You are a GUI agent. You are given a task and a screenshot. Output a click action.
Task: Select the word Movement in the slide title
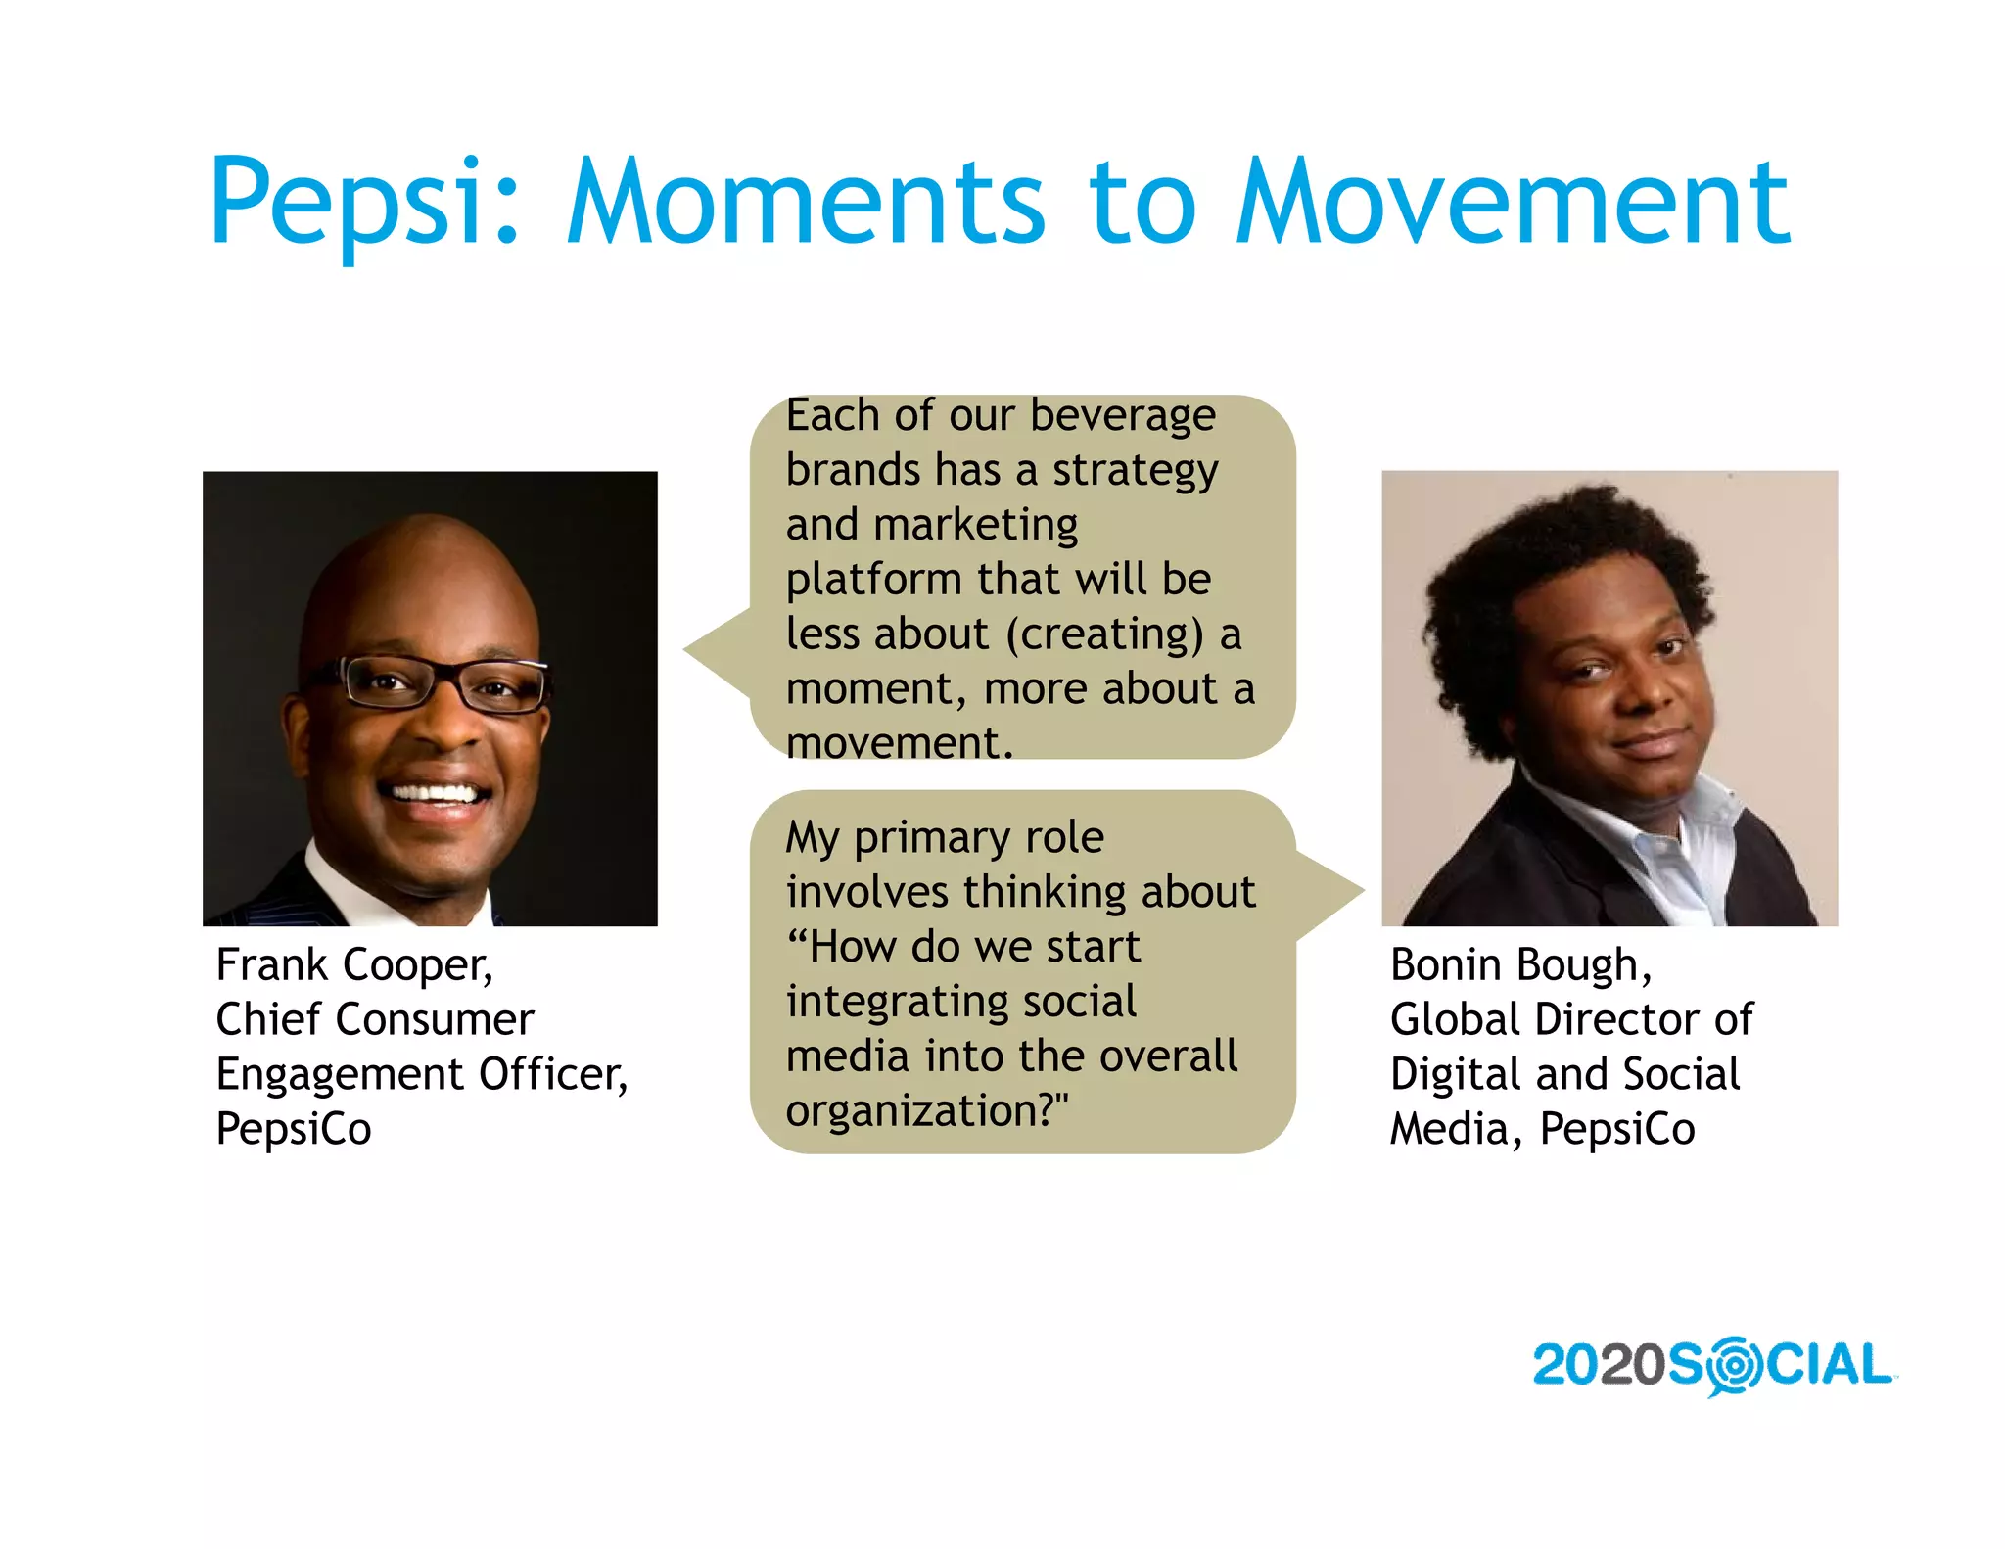1513,203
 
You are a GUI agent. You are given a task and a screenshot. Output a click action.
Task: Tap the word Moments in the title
806,203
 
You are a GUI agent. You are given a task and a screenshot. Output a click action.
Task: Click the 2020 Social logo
1713,1365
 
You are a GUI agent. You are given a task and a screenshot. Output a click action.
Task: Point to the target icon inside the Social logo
1734,1365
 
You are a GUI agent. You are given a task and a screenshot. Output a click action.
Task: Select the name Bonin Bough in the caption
1519,965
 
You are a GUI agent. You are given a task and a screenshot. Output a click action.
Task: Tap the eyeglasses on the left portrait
441,683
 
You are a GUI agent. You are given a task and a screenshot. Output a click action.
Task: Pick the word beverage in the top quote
1122,416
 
